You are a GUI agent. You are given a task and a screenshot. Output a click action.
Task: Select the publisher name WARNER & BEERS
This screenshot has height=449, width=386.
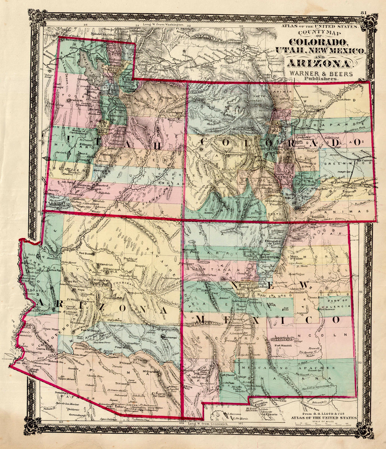320,74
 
